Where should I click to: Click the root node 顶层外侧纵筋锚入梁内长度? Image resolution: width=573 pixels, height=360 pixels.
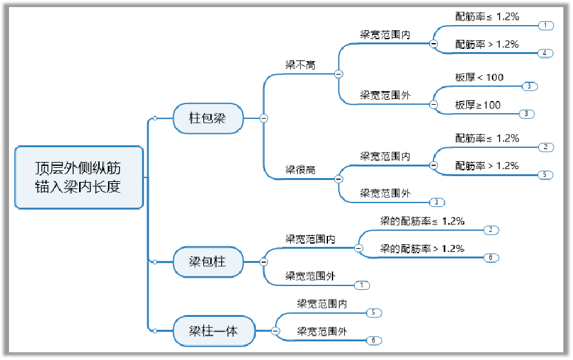(78, 177)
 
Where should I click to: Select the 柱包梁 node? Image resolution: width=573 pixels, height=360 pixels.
(207, 118)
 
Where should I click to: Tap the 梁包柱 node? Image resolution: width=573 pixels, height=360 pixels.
(207, 262)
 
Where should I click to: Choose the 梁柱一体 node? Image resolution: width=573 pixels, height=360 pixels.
(214, 331)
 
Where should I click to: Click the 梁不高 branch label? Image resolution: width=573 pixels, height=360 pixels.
(300, 65)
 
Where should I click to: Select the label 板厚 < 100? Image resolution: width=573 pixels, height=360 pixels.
(479, 78)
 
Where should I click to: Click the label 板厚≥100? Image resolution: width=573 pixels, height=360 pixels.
(477, 105)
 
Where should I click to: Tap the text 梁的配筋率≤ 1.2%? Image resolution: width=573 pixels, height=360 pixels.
(422, 221)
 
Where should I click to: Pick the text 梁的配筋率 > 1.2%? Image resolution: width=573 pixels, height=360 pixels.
(422, 249)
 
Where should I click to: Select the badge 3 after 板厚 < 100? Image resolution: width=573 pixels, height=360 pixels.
(528, 86)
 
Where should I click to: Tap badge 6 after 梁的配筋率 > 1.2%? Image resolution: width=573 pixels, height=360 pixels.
(490, 258)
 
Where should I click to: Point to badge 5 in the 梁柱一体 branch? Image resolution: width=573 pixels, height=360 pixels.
(374, 313)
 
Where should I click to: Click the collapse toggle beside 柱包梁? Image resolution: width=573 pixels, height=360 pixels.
(263, 118)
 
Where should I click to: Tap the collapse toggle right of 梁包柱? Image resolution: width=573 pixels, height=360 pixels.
(263, 262)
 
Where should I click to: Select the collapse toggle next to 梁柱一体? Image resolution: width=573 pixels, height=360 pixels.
(275, 331)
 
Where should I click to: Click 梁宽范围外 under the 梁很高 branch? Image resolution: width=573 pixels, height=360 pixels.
(385, 193)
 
